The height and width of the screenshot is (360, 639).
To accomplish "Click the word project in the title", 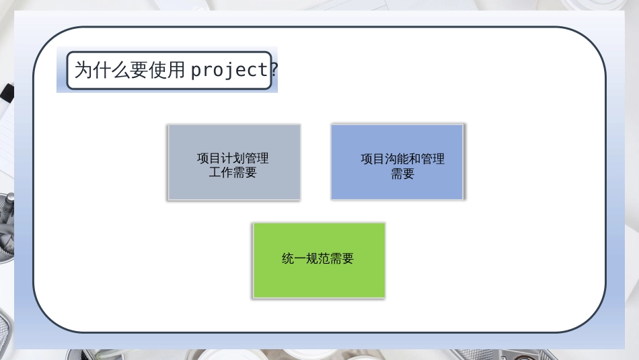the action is tap(229, 70).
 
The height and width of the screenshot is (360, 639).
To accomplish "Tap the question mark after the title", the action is tap(274, 70).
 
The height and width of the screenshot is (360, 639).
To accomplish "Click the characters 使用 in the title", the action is tap(167, 70).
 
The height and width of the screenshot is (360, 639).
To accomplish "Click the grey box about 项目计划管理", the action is tap(234, 162).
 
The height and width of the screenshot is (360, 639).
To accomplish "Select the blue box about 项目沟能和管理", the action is tap(398, 162).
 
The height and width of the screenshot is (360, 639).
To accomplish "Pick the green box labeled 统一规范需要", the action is tap(319, 260).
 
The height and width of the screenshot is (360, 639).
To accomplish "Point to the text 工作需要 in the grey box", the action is tap(233, 172).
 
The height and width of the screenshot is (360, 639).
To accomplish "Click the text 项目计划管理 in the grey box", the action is tap(233, 158).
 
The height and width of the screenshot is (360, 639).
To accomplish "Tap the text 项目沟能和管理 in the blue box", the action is tap(403, 159).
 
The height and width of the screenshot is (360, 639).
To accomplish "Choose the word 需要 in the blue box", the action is tap(403, 174).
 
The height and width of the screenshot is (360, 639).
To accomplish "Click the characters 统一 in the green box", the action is tap(293, 258).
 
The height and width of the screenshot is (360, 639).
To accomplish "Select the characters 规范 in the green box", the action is tap(317, 258).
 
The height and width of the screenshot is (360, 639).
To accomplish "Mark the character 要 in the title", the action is tap(139, 70).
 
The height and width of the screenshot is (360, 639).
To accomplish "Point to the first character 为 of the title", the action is tap(83, 70).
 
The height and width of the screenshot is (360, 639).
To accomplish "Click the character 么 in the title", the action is tap(120, 70).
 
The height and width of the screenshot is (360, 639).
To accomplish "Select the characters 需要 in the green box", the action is tap(342, 258).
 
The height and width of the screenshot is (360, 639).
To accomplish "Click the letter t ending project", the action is tap(262, 70).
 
